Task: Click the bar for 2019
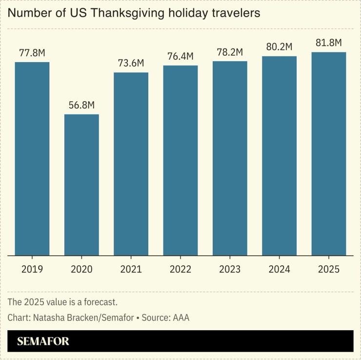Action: coord(32,159)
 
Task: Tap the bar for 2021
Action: coord(131,164)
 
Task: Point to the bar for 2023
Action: coord(230,158)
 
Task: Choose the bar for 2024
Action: coord(279,156)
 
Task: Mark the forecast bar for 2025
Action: coord(328,154)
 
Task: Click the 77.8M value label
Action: coord(32,53)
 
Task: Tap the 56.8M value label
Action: coord(81,105)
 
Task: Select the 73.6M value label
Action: coord(131,63)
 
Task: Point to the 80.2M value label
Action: coord(279,47)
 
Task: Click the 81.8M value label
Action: coord(328,43)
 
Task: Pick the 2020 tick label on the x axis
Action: coord(81,269)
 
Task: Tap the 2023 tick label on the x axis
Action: coord(230,269)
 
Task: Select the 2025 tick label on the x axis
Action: coord(328,269)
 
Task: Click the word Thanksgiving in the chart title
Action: coord(124,14)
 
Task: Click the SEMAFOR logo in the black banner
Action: coord(43,341)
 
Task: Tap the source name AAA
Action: coord(180,318)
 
